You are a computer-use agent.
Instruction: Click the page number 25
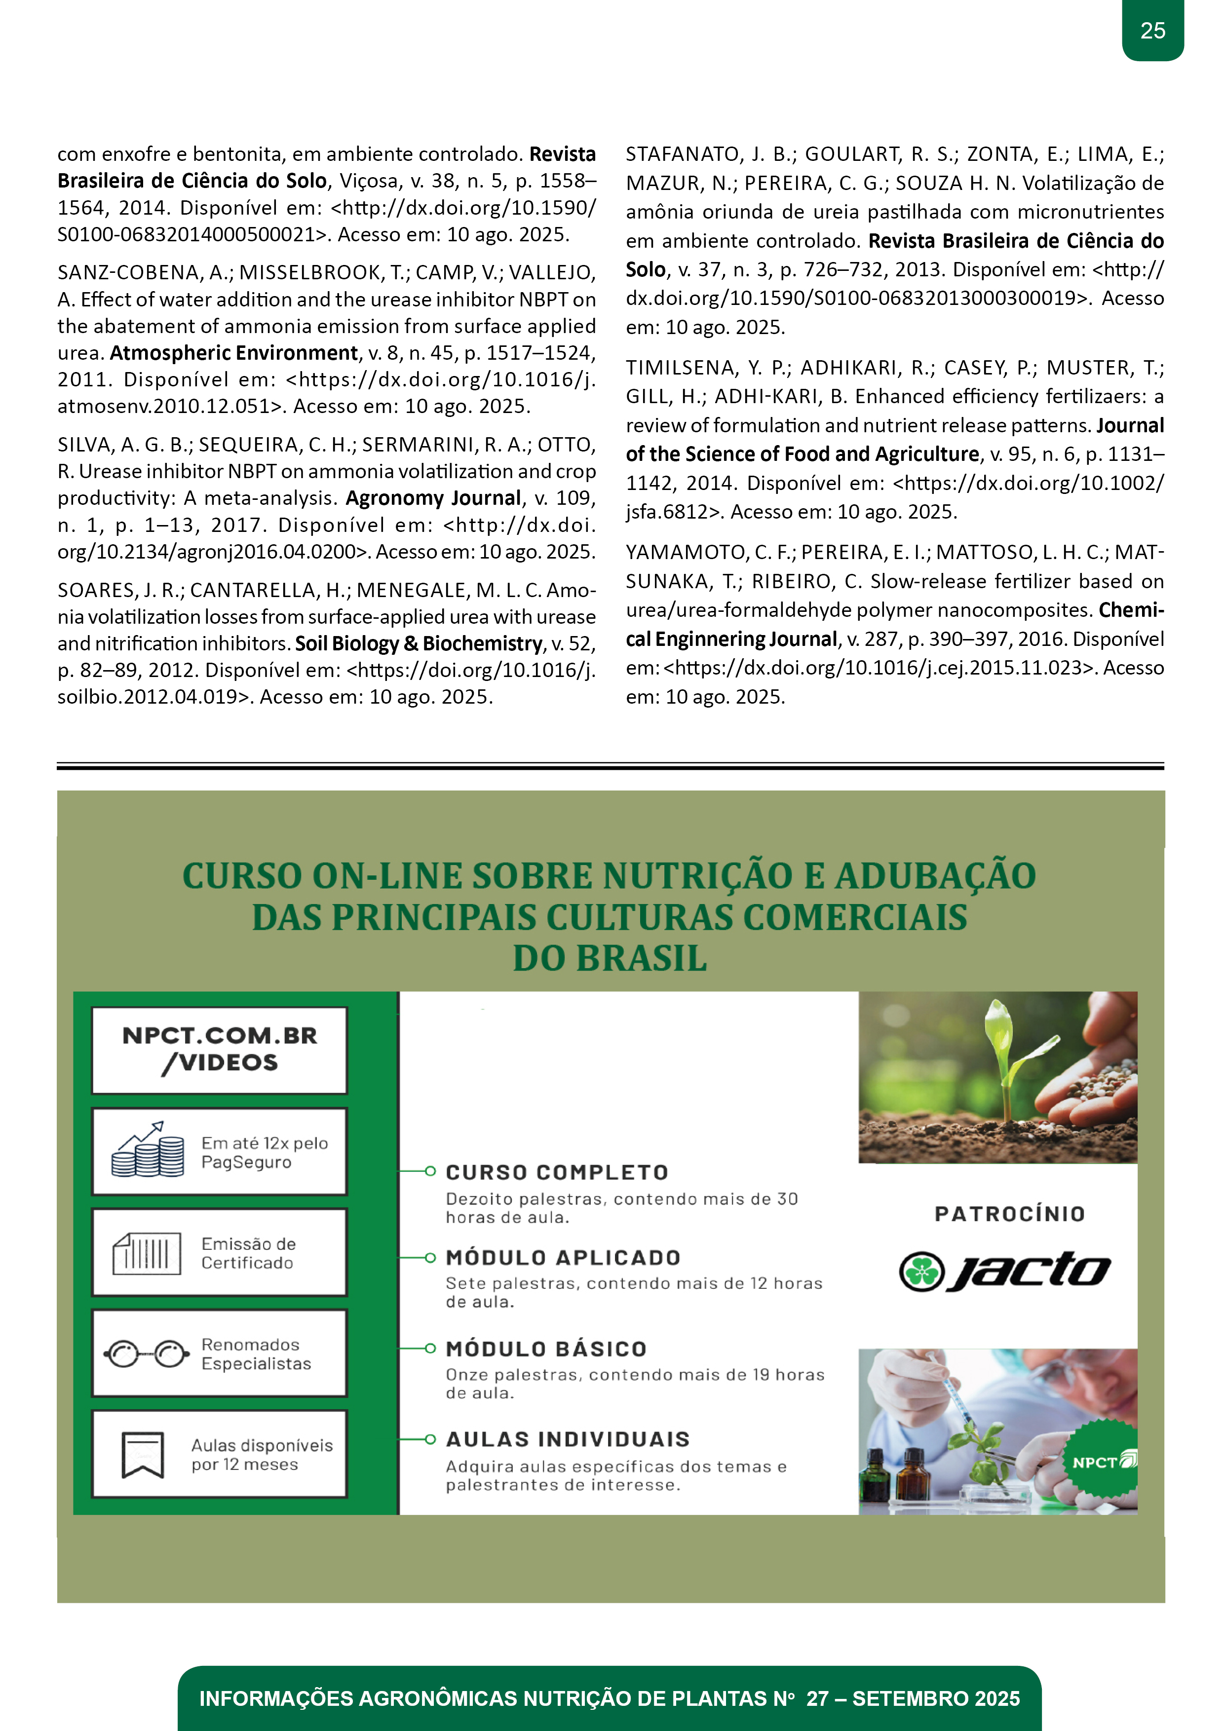(1152, 31)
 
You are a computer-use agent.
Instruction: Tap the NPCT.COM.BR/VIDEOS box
(220, 1050)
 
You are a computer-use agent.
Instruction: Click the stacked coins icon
(148, 1151)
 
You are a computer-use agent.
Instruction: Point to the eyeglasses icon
(147, 1354)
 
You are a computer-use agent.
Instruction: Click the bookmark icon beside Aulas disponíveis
(143, 1454)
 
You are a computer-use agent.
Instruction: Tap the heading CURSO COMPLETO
(557, 1172)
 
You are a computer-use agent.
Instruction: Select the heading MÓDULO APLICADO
(563, 1257)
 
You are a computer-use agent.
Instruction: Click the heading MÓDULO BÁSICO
(546, 1349)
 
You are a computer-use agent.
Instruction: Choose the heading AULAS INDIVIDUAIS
(567, 1439)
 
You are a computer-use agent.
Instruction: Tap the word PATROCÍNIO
(1009, 1214)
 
